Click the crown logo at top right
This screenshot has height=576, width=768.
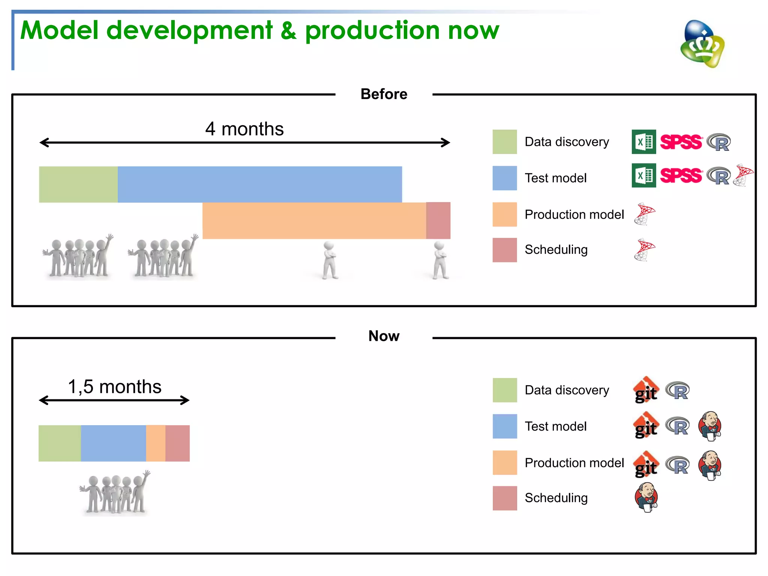point(702,44)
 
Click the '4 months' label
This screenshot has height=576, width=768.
point(244,129)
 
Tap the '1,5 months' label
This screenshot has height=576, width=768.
point(114,387)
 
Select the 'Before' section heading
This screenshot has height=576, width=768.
point(384,94)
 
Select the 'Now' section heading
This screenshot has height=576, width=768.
point(384,336)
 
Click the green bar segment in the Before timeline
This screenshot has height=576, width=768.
point(78,184)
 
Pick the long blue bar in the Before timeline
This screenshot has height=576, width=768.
point(259,184)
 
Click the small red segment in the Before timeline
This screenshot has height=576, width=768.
point(438,220)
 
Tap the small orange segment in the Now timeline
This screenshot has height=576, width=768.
point(156,443)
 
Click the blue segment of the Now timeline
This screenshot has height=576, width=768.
point(113,443)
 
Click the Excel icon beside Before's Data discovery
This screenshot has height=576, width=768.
point(643,142)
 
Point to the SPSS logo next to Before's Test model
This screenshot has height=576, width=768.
point(681,175)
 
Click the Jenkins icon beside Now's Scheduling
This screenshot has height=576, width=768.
point(646,498)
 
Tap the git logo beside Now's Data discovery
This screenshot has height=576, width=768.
point(646,390)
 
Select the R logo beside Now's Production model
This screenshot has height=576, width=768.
point(678,465)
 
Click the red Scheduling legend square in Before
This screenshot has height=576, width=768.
point(504,250)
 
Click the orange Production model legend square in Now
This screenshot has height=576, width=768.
point(504,462)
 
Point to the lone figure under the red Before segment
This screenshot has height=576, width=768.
point(440,261)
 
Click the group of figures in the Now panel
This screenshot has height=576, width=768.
point(115,492)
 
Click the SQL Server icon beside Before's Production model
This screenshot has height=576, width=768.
point(644,214)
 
